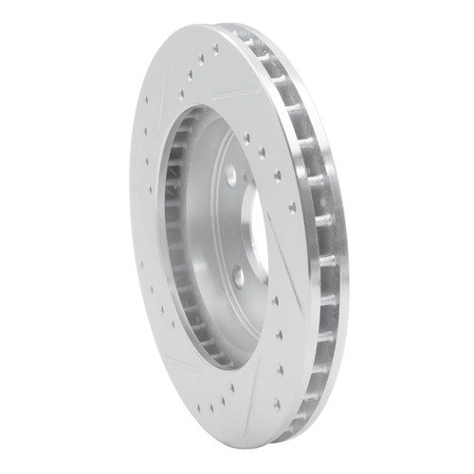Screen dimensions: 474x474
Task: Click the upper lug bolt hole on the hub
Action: (230, 173)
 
